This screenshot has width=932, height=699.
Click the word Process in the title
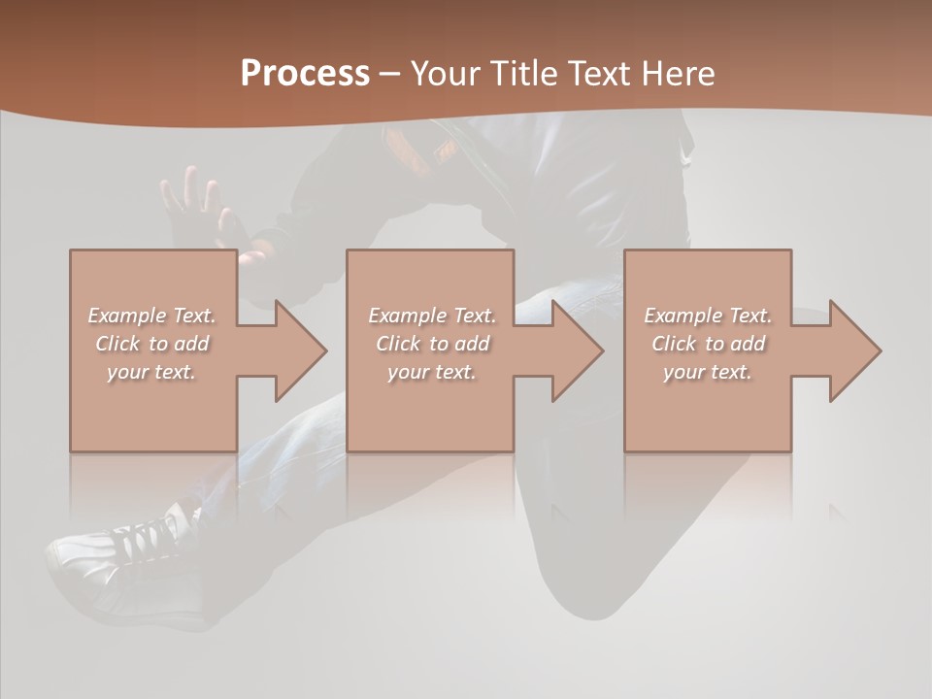tap(305, 74)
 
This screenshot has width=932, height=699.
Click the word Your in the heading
tap(446, 74)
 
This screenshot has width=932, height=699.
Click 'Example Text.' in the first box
tap(151, 316)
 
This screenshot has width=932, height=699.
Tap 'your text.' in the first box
tap(151, 372)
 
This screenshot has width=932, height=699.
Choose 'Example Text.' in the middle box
tap(432, 316)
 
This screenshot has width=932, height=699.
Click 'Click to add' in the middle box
tap(432, 344)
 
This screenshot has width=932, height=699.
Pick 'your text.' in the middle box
tap(432, 372)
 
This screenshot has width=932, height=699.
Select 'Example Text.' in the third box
tap(708, 316)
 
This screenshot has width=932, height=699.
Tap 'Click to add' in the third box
tap(708, 344)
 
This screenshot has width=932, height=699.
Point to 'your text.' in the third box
tap(708, 372)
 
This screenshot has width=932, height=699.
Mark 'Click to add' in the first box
tap(151, 344)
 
